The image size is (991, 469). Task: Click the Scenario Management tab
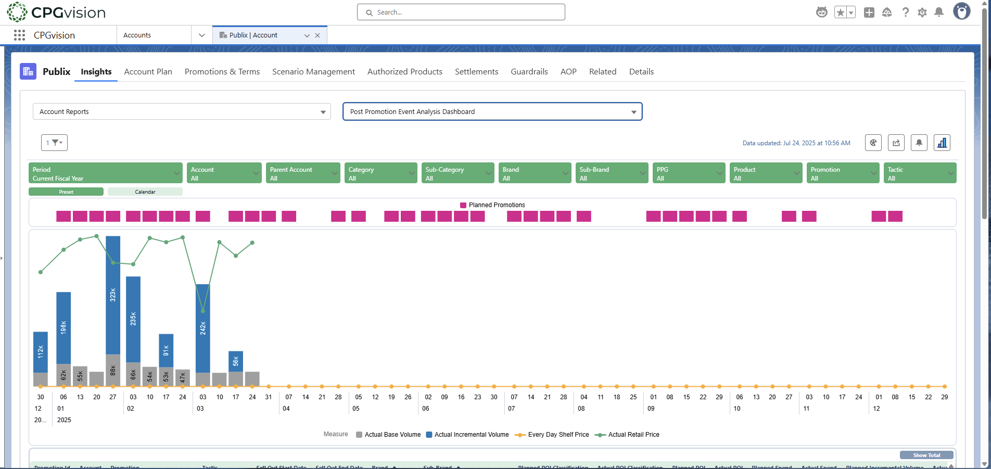point(313,72)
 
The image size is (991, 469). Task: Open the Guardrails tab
point(529,72)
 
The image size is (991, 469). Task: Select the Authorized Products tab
point(404,72)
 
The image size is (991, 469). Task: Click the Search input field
point(461,12)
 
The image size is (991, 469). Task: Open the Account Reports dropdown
point(182,112)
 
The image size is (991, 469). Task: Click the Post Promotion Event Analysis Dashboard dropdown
point(492,112)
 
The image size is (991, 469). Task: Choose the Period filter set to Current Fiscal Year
point(105,173)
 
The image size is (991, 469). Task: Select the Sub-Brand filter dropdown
point(611,173)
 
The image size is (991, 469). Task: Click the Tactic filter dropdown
point(919,173)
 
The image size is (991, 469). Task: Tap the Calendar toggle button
point(145,192)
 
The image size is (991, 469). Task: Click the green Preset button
point(66,192)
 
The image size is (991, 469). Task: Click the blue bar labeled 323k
point(113,295)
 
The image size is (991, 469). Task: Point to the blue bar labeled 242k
point(203,328)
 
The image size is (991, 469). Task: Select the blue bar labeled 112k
point(41,352)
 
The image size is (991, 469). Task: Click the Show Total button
point(926,455)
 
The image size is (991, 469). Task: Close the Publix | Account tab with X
point(317,35)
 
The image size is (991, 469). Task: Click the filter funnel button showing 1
point(54,143)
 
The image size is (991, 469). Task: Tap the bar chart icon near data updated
point(942,143)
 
